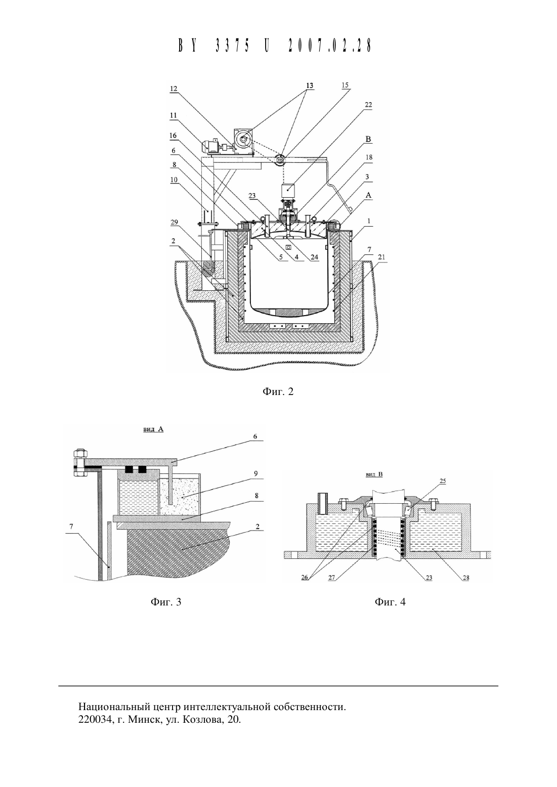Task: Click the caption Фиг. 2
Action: tap(278, 391)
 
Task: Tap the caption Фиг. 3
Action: tap(166, 602)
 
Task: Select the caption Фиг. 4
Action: tap(390, 602)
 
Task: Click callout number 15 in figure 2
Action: tap(345, 85)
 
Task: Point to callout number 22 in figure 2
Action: tap(368, 105)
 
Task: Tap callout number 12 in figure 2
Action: tap(174, 89)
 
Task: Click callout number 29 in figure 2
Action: tap(174, 222)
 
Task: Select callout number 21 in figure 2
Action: tap(381, 257)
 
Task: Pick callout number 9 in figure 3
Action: tap(256, 473)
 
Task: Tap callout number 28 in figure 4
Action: tap(466, 578)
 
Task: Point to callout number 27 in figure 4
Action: tap(332, 578)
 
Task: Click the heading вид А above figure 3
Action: tap(153, 429)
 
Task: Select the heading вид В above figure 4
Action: tap(374, 474)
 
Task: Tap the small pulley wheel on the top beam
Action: tap(280, 160)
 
